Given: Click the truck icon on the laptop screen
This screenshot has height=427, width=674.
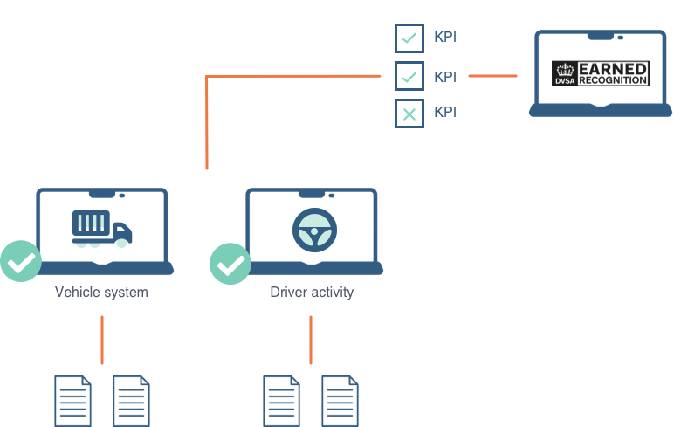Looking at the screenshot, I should tap(101, 230).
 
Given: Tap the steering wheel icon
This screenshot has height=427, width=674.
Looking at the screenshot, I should tap(313, 230).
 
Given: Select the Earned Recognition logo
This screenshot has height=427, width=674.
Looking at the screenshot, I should tap(601, 73).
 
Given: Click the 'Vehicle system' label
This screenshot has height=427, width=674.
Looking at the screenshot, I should tap(101, 293).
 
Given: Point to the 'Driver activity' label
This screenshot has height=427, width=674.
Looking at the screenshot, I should tap(312, 293).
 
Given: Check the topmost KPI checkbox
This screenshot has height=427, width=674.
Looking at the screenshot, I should tap(409, 38).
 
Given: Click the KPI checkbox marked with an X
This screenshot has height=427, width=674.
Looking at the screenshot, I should tap(409, 113).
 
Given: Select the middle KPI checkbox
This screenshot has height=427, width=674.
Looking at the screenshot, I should tap(409, 76).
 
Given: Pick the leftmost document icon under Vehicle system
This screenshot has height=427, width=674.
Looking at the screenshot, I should tap(72, 401).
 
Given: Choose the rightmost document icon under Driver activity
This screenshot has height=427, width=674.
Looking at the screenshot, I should tap(340, 401).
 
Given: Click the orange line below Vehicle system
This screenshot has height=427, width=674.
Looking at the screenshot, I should tap(102, 339).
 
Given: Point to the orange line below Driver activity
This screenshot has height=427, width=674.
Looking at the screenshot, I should tap(311, 339).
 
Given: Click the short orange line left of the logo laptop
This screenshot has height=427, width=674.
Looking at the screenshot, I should tap(492, 76).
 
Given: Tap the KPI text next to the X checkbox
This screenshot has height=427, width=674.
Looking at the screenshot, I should tap(445, 113).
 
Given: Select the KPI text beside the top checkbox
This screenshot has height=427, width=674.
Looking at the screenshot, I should tap(445, 38).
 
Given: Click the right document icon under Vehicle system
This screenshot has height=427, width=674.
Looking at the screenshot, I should tap(131, 401).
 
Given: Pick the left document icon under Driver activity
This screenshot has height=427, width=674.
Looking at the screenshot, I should tap(282, 401).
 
